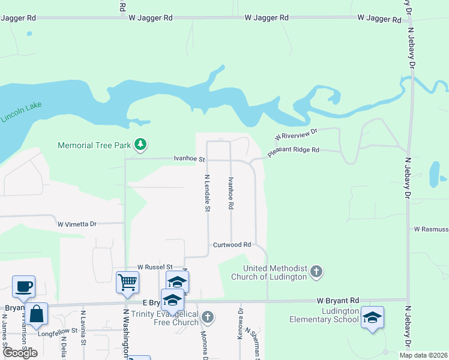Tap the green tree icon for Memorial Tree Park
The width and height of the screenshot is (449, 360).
point(140,145)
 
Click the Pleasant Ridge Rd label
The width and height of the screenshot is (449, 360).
point(293,150)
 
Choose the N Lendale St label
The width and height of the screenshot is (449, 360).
point(207,193)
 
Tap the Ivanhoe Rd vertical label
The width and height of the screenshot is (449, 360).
point(231,193)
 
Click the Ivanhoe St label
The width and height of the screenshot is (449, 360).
point(189,160)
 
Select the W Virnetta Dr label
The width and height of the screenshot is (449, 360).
point(77,224)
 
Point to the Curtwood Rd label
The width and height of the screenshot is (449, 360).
point(232,245)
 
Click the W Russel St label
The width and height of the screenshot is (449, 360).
point(154,266)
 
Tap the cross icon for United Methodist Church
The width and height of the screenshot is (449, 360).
point(316,272)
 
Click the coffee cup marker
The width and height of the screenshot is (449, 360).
point(23,286)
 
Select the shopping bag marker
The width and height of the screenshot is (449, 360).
point(36,314)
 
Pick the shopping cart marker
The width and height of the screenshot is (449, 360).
point(127,281)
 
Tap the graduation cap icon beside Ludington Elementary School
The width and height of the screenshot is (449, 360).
point(372,317)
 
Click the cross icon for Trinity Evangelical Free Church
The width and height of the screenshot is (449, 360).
point(208,317)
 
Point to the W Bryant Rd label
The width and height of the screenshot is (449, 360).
point(338,300)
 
